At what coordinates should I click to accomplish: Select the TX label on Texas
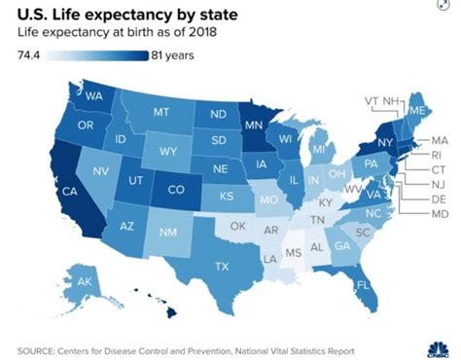(x=221, y=266)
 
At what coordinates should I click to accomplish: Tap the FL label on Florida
(x=361, y=286)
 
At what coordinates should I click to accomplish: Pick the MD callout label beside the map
(x=439, y=212)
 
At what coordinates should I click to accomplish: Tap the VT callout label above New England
(x=372, y=100)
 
